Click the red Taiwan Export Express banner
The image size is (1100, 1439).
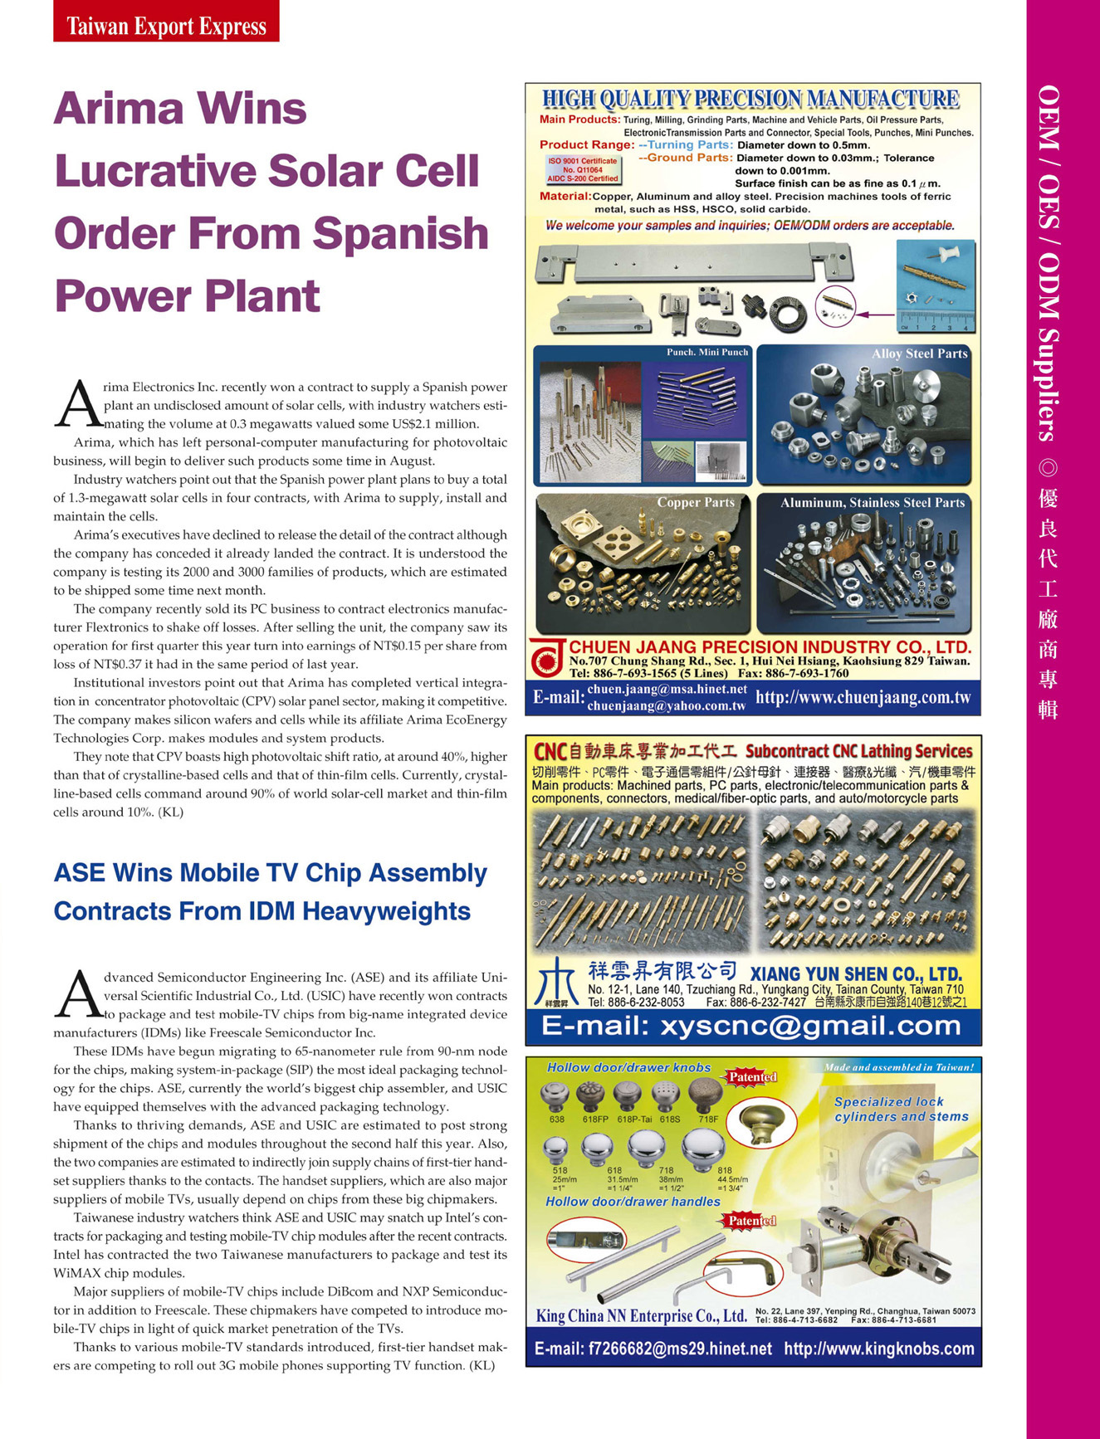tap(166, 22)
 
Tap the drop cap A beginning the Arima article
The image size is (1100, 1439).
tap(77, 406)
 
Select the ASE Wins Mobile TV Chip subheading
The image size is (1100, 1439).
tap(270, 892)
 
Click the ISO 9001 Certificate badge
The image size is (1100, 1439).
tap(582, 170)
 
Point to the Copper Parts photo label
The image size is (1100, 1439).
tap(695, 503)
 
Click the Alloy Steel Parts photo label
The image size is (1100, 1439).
tap(919, 354)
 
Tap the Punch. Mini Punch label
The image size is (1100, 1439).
tap(706, 353)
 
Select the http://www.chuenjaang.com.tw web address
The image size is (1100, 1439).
tap(863, 698)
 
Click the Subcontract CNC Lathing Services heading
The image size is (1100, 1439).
tap(858, 752)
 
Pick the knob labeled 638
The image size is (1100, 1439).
tap(555, 1097)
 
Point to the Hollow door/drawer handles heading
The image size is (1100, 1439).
tap(633, 1202)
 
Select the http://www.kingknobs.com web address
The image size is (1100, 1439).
tap(878, 1349)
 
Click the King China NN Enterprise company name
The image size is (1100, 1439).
tap(641, 1316)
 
